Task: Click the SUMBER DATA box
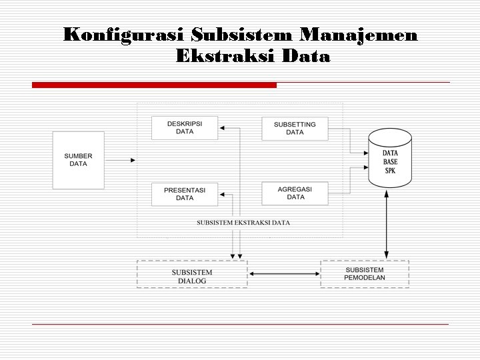coord(79,160)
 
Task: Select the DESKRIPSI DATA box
coord(185,128)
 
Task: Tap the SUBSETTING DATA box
coord(295,128)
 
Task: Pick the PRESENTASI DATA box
coord(185,194)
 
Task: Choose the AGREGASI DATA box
coord(295,193)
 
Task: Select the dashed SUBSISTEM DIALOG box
coord(192,274)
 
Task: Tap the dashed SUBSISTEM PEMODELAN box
coord(365,273)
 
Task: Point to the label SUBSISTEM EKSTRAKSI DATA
coord(243,223)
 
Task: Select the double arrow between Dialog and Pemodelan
coord(284,273)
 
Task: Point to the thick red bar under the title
coord(154,85)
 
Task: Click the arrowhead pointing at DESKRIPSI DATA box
coord(222,128)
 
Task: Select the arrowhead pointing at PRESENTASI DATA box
coord(222,194)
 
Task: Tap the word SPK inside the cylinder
coord(390,171)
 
